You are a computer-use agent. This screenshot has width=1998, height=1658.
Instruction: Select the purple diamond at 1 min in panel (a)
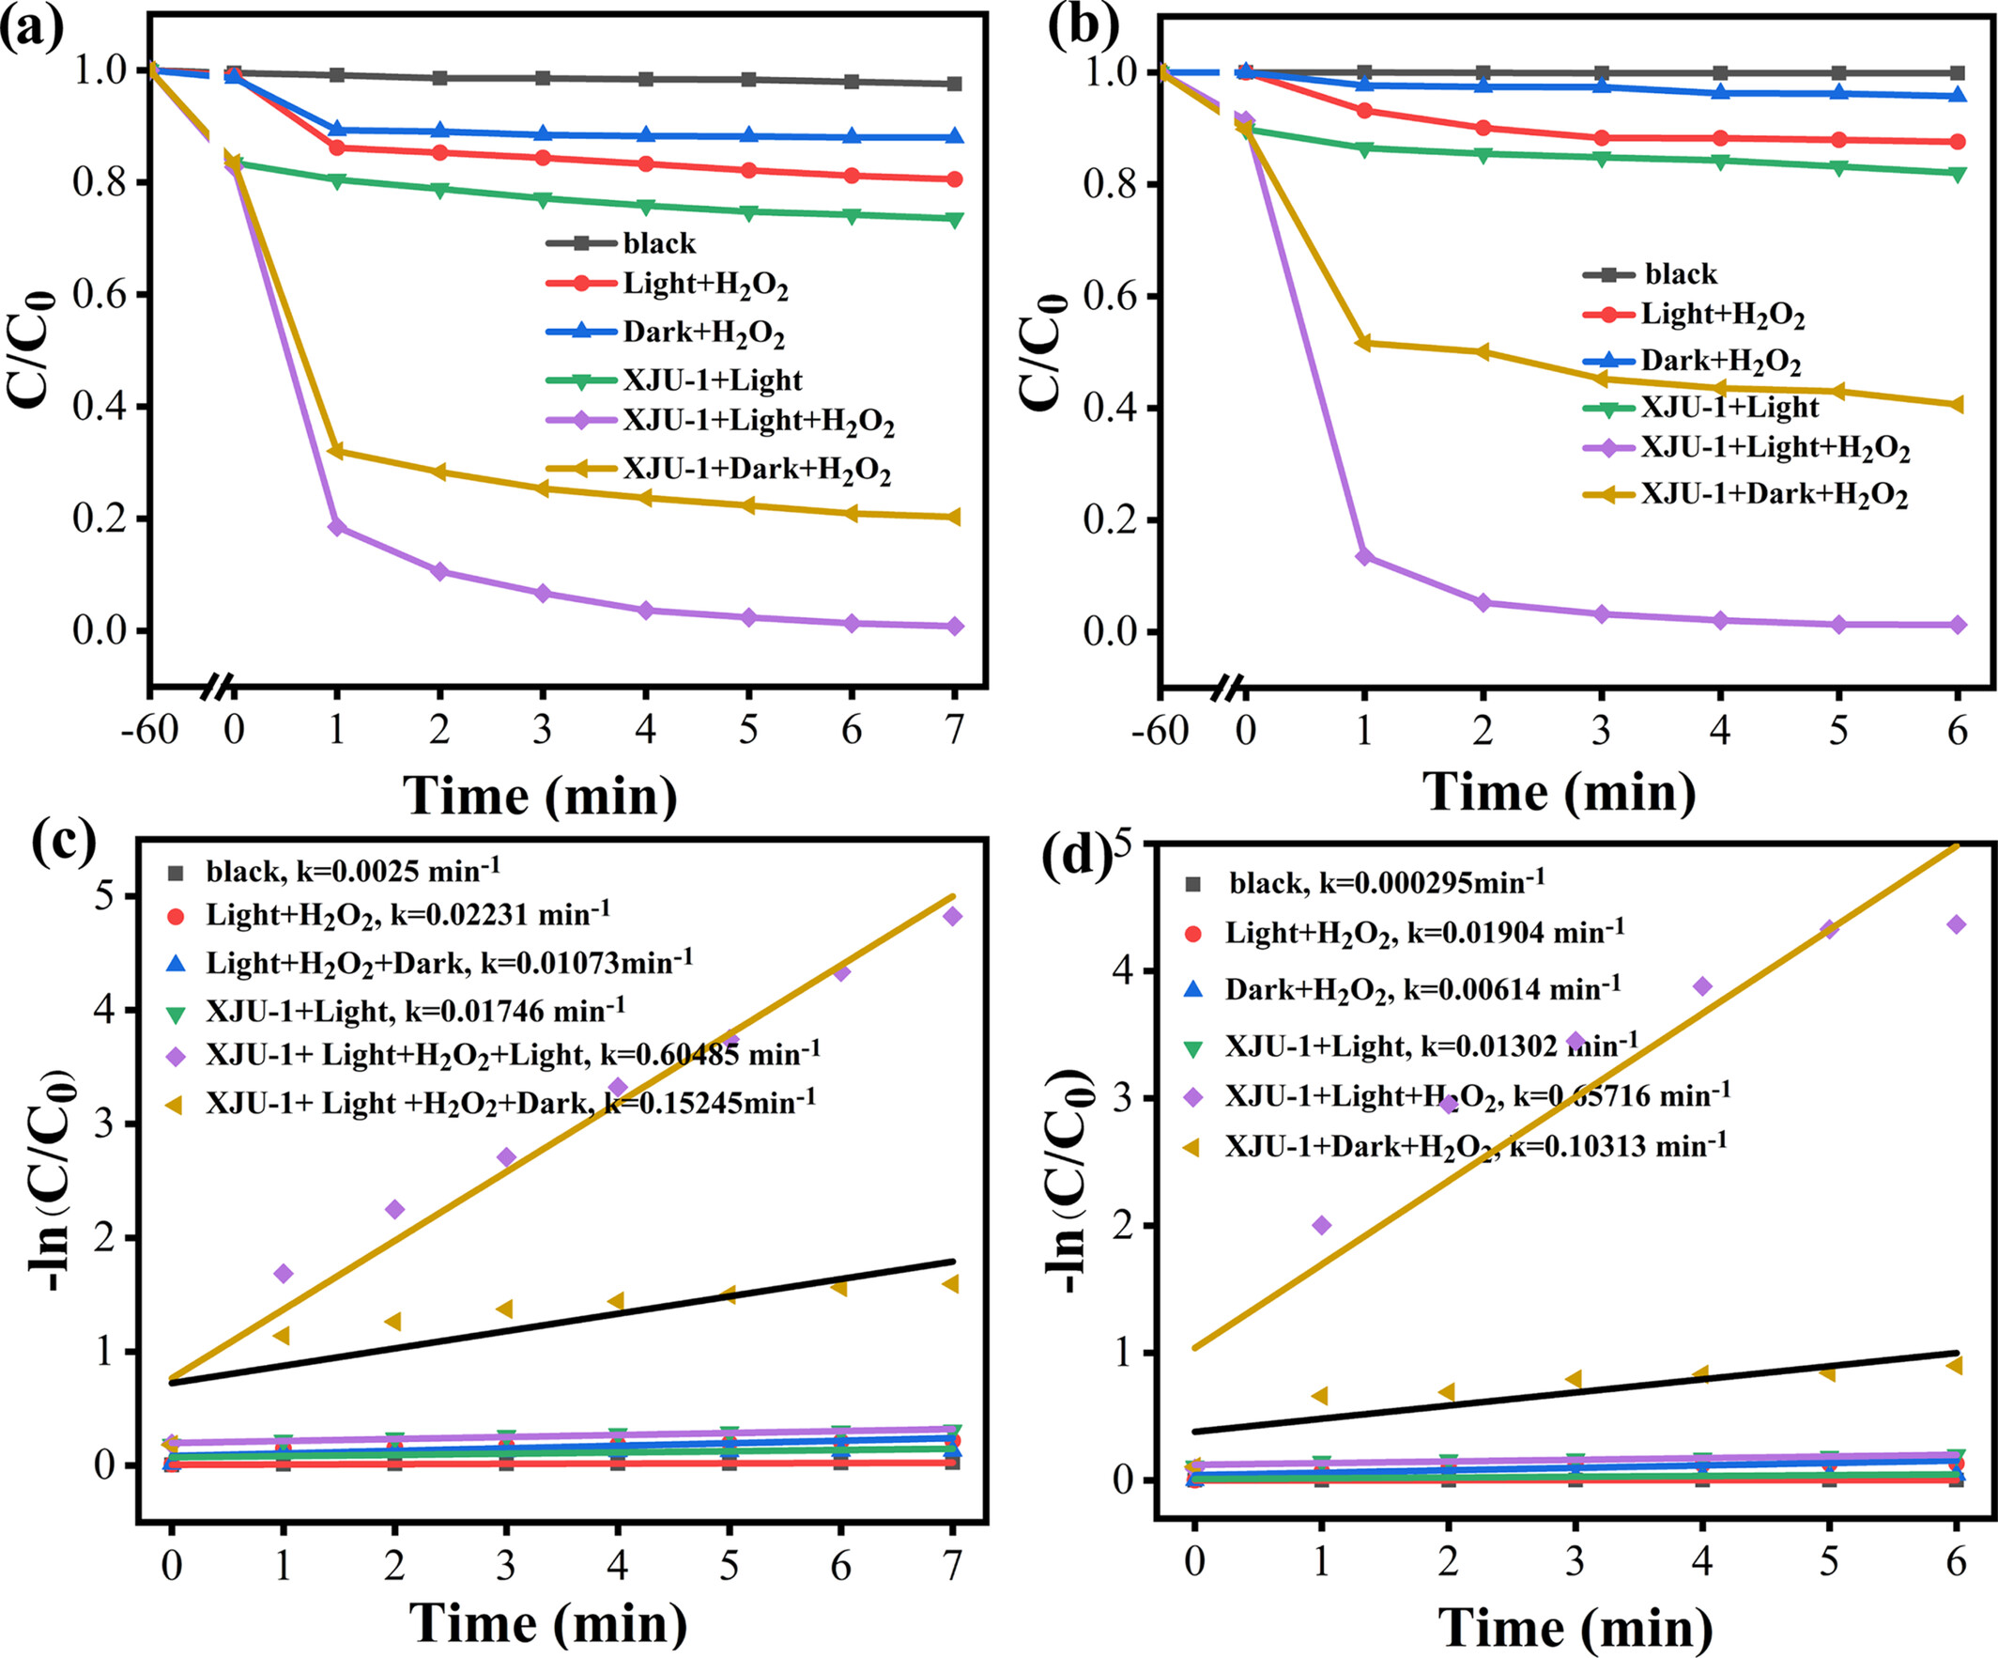336,526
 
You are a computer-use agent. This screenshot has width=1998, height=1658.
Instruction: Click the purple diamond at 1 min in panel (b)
1363,556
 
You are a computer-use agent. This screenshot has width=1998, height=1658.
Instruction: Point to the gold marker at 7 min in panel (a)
953,517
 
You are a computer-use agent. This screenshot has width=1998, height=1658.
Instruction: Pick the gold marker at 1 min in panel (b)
1363,343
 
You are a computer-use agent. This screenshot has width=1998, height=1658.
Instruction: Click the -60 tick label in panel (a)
149,730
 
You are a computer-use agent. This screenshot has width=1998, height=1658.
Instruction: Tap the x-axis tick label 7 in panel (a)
954,730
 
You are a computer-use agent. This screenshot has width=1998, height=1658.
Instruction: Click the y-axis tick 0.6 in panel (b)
1112,296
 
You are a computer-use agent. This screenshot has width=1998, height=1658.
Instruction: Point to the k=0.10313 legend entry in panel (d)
1475,1145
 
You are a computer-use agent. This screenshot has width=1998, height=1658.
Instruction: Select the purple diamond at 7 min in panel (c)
952,916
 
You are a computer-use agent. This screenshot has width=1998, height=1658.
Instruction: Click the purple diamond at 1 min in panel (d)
1321,1225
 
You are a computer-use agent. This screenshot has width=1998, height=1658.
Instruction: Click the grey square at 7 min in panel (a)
953,84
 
